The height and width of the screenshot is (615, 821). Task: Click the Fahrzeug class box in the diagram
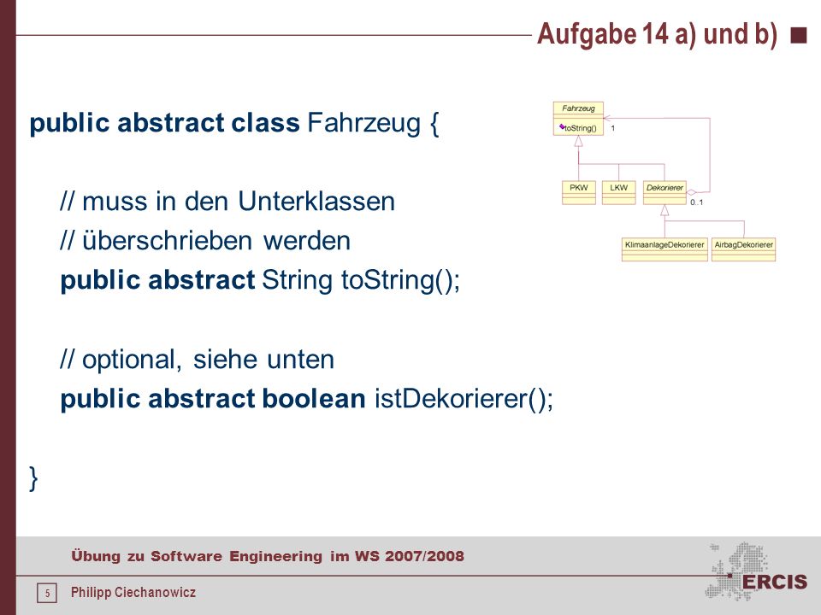tap(579, 119)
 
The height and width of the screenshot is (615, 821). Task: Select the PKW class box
tap(579, 192)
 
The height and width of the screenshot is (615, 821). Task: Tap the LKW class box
tap(619, 192)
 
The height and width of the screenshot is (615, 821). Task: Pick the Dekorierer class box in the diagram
tap(664, 192)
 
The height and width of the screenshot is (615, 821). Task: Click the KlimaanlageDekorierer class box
tap(664, 249)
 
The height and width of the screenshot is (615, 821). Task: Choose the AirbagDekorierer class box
tap(743, 249)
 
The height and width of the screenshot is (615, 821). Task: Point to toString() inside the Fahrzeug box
tap(580, 128)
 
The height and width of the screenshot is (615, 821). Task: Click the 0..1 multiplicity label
tap(696, 202)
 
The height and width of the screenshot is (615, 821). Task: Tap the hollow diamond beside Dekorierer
tap(692, 192)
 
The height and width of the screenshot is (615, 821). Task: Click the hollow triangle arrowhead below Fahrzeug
tap(579, 141)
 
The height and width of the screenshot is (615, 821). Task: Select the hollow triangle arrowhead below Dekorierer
tap(664, 210)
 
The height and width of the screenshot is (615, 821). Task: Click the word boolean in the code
tap(313, 399)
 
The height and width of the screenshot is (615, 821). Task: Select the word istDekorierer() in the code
tap(464, 399)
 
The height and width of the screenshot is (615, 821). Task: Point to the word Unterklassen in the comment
tap(316, 202)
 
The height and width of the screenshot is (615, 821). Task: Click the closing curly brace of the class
tap(33, 478)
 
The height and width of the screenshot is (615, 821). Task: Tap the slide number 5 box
tap(47, 593)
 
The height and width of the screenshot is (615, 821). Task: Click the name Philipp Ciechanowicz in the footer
tap(133, 593)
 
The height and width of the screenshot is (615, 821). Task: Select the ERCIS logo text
tap(775, 582)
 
